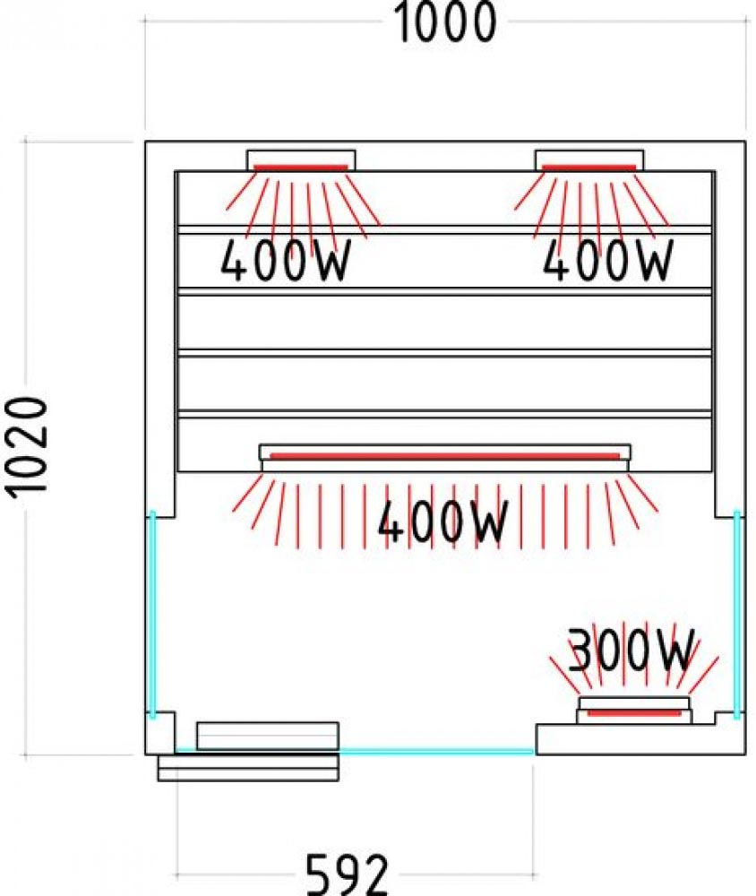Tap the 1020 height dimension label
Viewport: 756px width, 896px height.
(x=28, y=447)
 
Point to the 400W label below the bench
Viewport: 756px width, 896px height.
(x=443, y=521)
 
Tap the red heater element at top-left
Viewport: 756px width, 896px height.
(x=301, y=168)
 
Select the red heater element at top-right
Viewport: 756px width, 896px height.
(x=589, y=168)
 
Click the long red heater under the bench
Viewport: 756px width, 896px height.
(x=444, y=456)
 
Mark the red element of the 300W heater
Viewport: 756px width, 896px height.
(x=634, y=712)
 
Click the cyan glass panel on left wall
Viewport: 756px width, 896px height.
(x=152, y=615)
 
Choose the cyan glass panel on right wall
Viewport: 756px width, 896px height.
(x=736, y=615)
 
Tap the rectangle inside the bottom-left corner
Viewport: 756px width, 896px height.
(x=267, y=736)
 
